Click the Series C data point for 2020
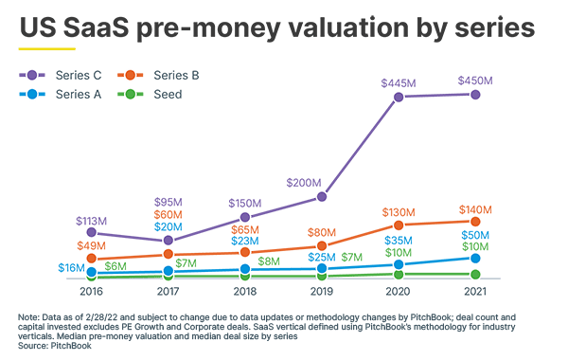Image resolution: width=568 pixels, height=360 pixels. click(399, 97)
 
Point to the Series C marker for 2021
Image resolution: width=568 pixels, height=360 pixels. click(475, 95)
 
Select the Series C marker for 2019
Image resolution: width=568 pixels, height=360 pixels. click(322, 196)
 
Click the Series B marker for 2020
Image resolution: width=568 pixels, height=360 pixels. click(399, 225)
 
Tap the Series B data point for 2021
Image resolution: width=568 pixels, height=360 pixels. click(475, 222)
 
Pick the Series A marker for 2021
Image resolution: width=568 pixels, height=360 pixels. click(475, 258)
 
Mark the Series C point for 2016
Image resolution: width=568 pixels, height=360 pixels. click(91, 231)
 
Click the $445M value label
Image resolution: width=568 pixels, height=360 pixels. click(399, 82)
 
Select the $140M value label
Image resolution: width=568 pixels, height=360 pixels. click(475, 208)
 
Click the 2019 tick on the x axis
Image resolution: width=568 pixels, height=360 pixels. click(322, 294)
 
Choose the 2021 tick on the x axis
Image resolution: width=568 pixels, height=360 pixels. click(475, 294)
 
